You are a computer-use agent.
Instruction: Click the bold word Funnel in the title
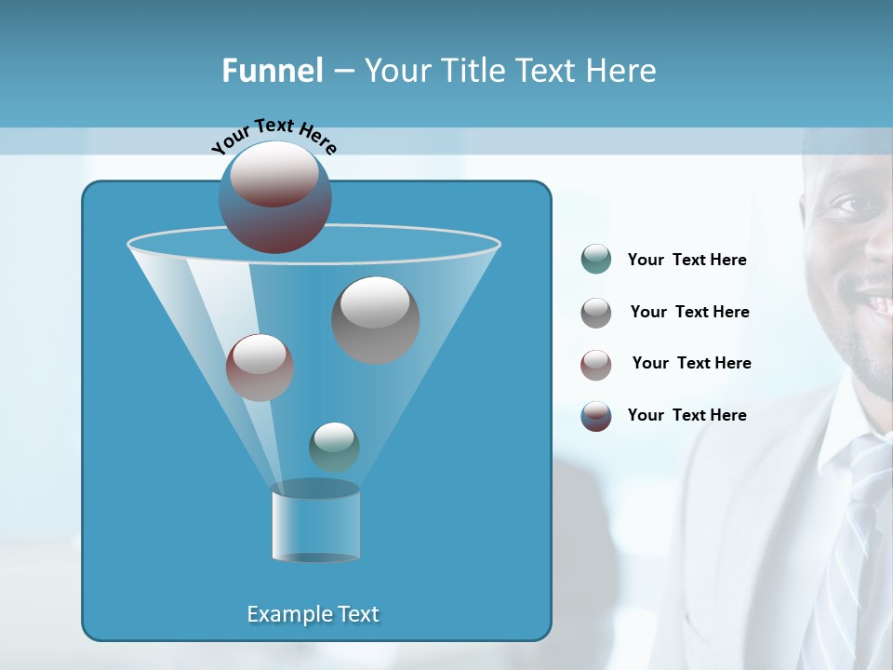pos(272,71)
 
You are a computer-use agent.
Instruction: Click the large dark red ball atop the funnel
pos(275,197)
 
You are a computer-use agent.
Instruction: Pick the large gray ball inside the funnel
pos(376,319)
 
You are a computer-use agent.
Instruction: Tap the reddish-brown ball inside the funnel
pos(260,368)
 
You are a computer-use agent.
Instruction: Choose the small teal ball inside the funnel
pos(334,447)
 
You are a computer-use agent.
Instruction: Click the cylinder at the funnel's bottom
pos(315,523)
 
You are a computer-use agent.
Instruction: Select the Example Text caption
pos(313,614)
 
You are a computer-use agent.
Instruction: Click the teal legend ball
pos(596,260)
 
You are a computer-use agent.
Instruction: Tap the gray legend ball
pos(596,313)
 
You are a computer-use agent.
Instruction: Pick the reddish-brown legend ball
pos(596,365)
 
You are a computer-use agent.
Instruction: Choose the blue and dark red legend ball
pos(596,416)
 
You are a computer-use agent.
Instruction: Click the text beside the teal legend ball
pos(686,261)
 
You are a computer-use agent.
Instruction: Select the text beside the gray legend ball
pos(689,313)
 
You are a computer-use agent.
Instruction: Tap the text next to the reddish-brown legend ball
pos(691,364)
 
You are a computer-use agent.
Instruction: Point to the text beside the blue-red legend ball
pos(686,416)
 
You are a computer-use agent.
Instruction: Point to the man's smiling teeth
pos(879,302)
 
